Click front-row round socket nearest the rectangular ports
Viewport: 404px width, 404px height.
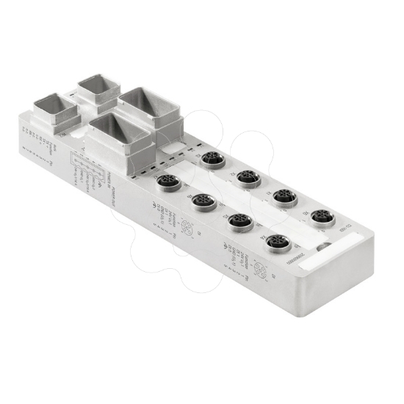(168, 183)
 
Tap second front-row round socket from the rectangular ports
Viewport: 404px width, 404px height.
(203, 202)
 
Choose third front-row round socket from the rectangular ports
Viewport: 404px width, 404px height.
(240, 221)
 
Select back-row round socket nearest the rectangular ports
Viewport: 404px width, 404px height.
(213, 159)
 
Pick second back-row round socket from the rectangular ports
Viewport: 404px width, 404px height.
(249, 178)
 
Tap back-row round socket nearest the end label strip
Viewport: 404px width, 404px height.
(322, 217)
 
